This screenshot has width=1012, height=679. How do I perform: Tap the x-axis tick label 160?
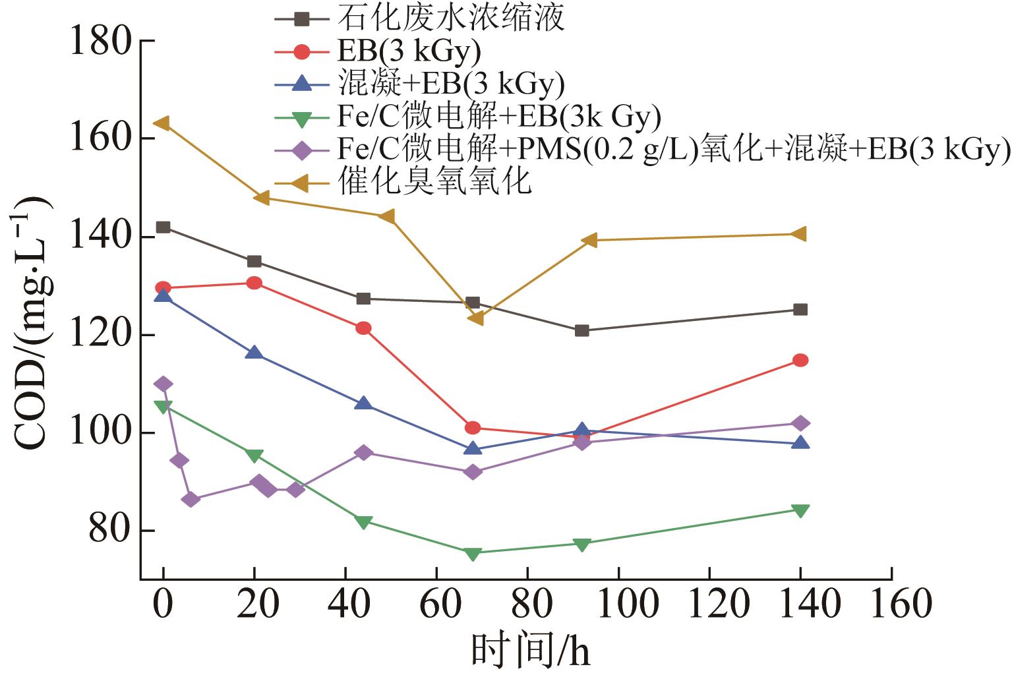(x=891, y=604)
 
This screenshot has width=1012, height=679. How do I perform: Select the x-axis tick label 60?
(x=436, y=604)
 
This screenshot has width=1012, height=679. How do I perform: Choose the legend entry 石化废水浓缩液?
(x=451, y=18)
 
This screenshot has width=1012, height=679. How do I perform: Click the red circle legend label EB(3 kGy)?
(x=409, y=51)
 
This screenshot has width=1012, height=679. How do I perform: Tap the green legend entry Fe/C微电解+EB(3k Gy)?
(x=498, y=117)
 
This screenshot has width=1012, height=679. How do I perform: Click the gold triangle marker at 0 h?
(x=162, y=123)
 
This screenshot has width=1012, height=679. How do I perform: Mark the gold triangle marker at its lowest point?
(x=475, y=318)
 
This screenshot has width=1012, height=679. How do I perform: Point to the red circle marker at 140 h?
(x=800, y=360)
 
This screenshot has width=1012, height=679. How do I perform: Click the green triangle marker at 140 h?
(x=800, y=510)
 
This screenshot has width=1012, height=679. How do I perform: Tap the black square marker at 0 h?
(x=163, y=227)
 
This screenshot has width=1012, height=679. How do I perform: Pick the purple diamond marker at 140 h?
(x=800, y=423)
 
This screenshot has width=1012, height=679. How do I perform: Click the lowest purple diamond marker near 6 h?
(x=191, y=499)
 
